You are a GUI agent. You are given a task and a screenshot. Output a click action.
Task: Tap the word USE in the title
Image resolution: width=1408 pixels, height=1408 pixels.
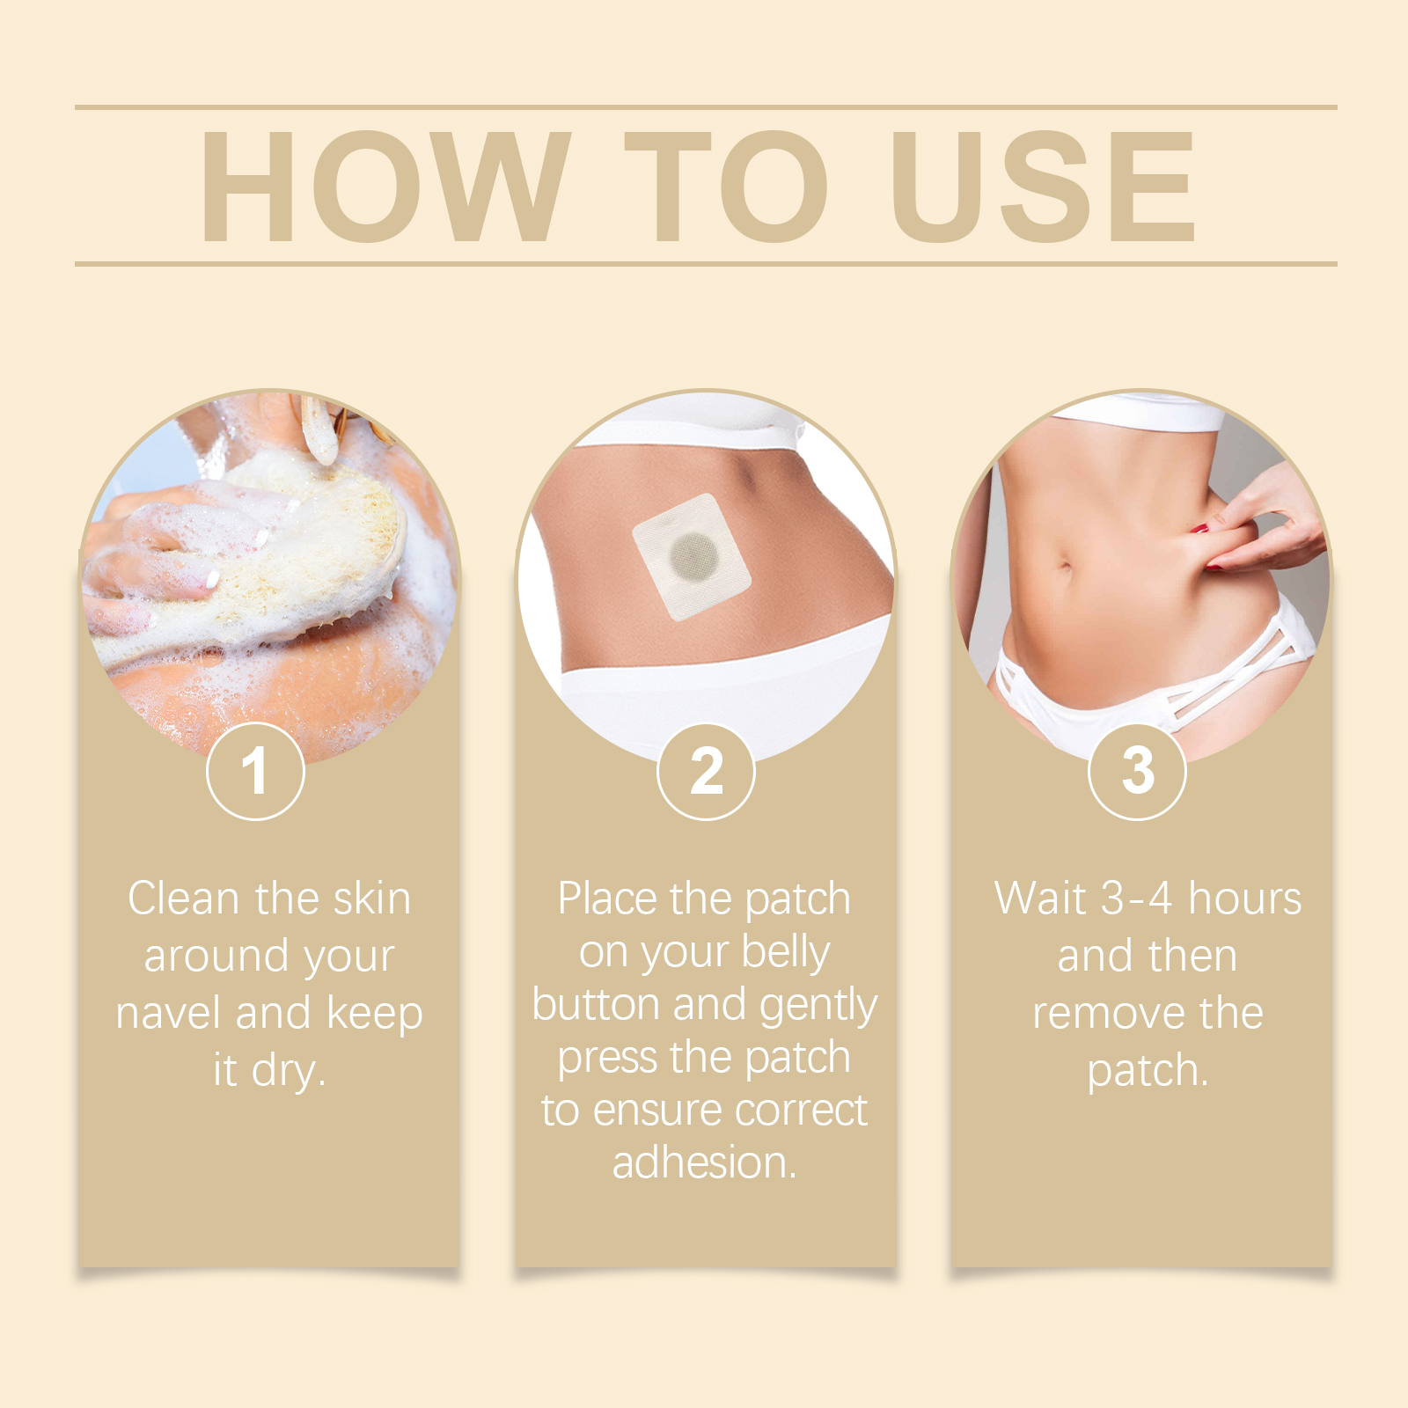click(x=1044, y=186)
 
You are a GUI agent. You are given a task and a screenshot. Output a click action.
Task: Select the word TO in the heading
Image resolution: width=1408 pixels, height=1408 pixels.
click(x=726, y=186)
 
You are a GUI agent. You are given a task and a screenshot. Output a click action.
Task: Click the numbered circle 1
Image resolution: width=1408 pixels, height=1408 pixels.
click(x=255, y=771)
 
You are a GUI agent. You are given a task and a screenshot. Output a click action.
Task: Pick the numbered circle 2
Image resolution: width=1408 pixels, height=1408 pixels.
click(x=706, y=771)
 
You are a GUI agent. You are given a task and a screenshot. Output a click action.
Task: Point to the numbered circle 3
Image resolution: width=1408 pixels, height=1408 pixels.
click(x=1137, y=771)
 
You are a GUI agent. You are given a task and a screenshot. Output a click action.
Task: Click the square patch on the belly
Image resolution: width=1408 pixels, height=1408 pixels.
click(x=692, y=557)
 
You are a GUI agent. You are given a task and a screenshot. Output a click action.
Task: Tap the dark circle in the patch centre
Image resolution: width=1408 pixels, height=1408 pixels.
click(x=693, y=554)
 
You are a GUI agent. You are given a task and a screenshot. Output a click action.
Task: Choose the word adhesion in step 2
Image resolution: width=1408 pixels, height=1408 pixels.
click(x=704, y=1162)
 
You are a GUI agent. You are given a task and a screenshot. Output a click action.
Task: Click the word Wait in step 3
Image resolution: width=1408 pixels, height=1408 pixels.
click(x=1040, y=898)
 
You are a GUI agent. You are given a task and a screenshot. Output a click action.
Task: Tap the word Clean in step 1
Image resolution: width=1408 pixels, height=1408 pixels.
click(x=184, y=898)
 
